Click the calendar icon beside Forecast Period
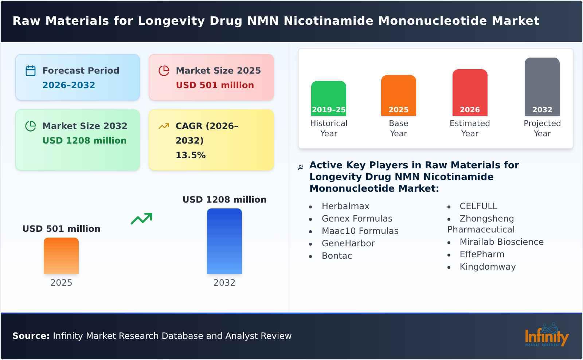[x=31, y=71]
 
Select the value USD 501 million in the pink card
[x=215, y=85]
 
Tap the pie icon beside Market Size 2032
[x=31, y=126]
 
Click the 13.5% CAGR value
[x=191, y=155]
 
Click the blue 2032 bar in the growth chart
[x=224, y=241]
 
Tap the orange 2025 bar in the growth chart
[x=61, y=256]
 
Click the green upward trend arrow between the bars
[x=141, y=219]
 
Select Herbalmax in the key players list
[x=345, y=206]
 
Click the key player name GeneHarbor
[x=348, y=243]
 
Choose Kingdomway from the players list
[x=488, y=267]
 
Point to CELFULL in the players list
[x=478, y=206]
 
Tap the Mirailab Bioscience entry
[x=501, y=242]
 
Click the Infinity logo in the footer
[x=546, y=336]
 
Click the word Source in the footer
[x=31, y=336]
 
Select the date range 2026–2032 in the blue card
[x=69, y=85]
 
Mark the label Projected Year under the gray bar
[x=542, y=128]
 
